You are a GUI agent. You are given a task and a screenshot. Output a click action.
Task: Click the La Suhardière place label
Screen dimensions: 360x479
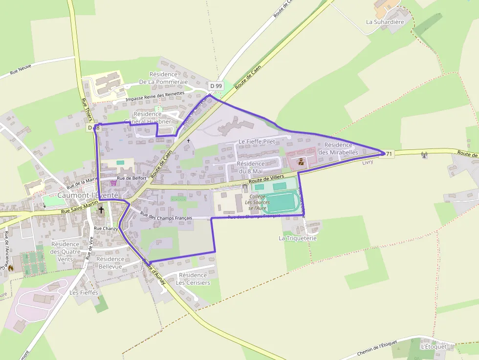click(385, 21)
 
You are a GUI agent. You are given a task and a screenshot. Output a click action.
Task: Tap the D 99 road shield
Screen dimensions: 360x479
click(216, 86)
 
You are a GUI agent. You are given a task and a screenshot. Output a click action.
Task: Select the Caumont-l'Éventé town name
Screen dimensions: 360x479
click(88, 195)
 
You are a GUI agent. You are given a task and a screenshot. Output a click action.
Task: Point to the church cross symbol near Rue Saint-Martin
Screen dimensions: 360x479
click(101, 210)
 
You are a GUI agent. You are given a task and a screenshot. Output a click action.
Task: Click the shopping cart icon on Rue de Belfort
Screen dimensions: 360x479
click(113, 183)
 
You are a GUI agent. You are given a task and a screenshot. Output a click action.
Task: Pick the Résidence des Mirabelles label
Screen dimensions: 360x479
click(338, 148)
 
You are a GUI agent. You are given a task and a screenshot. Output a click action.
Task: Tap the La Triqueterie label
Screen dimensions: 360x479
click(298, 238)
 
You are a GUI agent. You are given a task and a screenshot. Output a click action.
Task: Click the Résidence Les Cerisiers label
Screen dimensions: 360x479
click(193, 279)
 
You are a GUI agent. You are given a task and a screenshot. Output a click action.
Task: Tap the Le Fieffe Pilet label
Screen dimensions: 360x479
click(257, 142)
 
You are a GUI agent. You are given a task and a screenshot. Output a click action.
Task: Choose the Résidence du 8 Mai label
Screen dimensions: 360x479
click(251, 167)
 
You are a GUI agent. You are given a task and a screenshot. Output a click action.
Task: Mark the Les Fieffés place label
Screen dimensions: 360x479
click(84, 293)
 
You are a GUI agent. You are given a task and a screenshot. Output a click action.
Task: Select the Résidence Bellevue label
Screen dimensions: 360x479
click(110, 262)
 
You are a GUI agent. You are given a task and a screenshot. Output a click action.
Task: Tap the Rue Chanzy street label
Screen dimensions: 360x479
click(105, 228)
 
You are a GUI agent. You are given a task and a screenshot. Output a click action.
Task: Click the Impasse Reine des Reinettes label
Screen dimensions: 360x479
click(155, 96)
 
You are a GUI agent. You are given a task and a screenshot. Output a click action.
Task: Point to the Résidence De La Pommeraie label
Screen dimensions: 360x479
click(163, 78)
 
